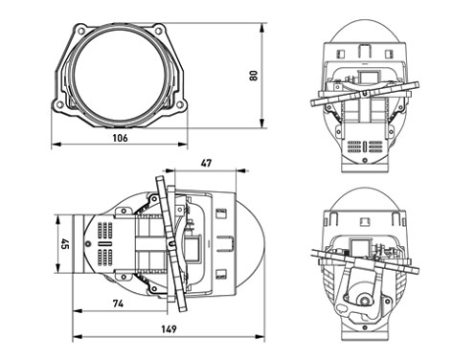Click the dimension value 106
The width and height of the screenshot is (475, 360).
click(x=120, y=138)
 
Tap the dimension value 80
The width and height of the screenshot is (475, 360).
click(x=254, y=76)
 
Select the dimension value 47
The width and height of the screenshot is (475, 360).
click(x=206, y=163)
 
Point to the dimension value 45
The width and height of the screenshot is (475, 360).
click(x=65, y=244)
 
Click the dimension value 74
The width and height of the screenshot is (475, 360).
click(x=118, y=304)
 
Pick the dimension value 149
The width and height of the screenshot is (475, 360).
click(x=169, y=328)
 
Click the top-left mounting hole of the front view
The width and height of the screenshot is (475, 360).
click(x=81, y=31)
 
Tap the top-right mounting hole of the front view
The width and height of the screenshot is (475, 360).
click(x=158, y=31)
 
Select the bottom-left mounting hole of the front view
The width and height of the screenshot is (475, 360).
click(x=59, y=104)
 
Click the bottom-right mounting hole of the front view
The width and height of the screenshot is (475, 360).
click(x=180, y=104)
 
